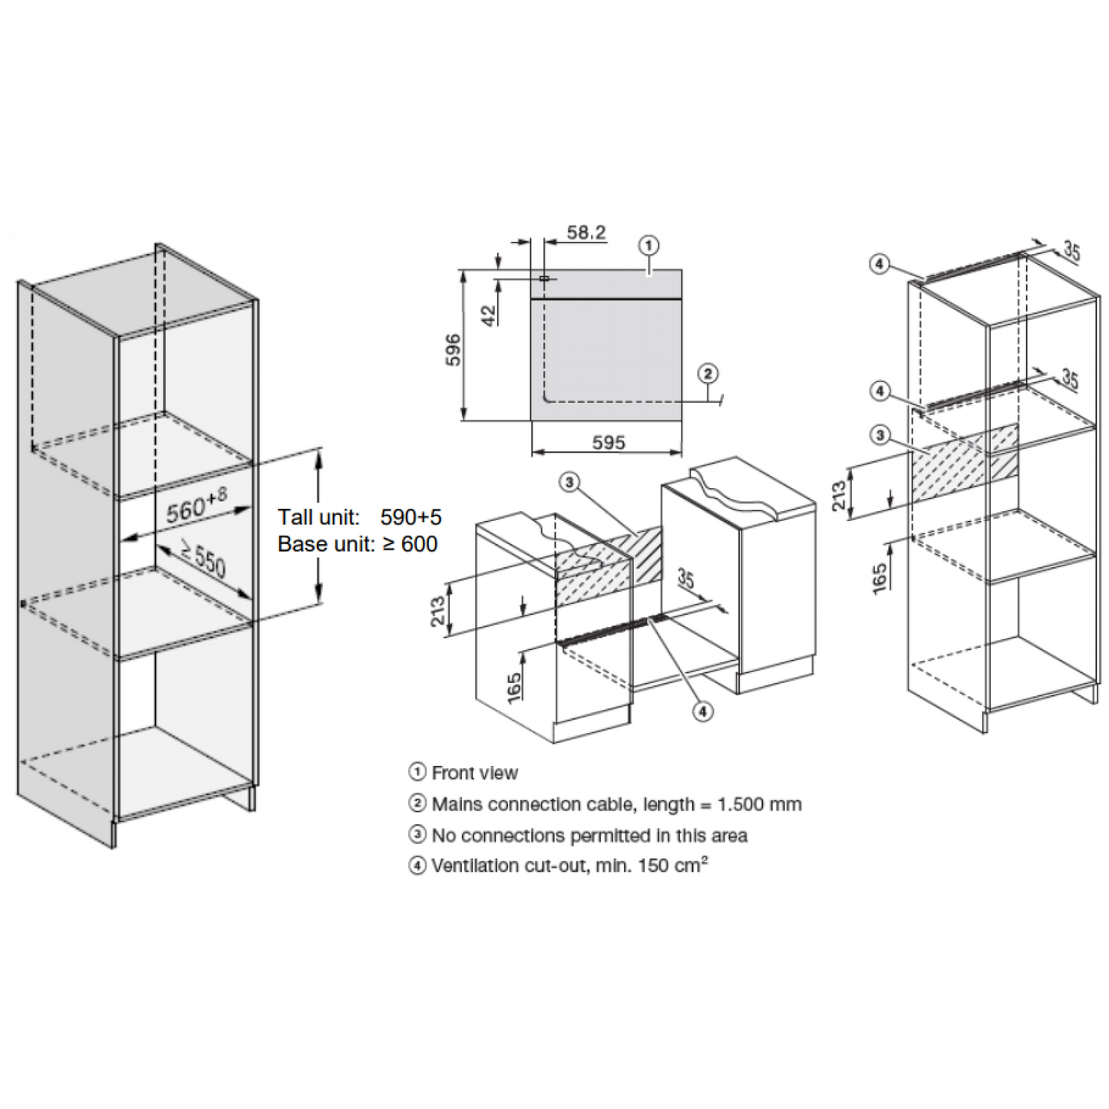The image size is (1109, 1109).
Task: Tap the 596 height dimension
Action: [454, 349]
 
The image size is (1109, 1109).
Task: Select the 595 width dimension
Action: [609, 443]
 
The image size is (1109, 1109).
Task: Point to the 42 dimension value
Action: [488, 315]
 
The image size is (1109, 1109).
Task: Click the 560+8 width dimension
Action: [196, 504]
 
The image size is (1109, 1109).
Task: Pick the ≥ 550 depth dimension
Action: [203, 558]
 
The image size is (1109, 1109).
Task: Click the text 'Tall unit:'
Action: [319, 517]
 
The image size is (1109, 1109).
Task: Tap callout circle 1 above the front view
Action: [649, 246]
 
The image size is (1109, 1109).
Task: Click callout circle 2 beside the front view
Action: [708, 374]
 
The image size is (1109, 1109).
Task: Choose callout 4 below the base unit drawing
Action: [702, 712]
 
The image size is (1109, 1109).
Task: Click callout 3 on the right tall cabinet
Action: [880, 435]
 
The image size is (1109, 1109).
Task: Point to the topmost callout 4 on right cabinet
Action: [879, 265]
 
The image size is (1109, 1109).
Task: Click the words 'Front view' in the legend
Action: [475, 773]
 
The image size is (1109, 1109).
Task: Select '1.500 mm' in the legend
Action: [760, 804]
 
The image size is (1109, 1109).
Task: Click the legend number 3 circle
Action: [418, 834]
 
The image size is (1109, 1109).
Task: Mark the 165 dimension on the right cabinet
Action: [880, 579]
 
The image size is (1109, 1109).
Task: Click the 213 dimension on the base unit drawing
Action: [437, 611]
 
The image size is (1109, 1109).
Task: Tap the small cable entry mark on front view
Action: [544, 279]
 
